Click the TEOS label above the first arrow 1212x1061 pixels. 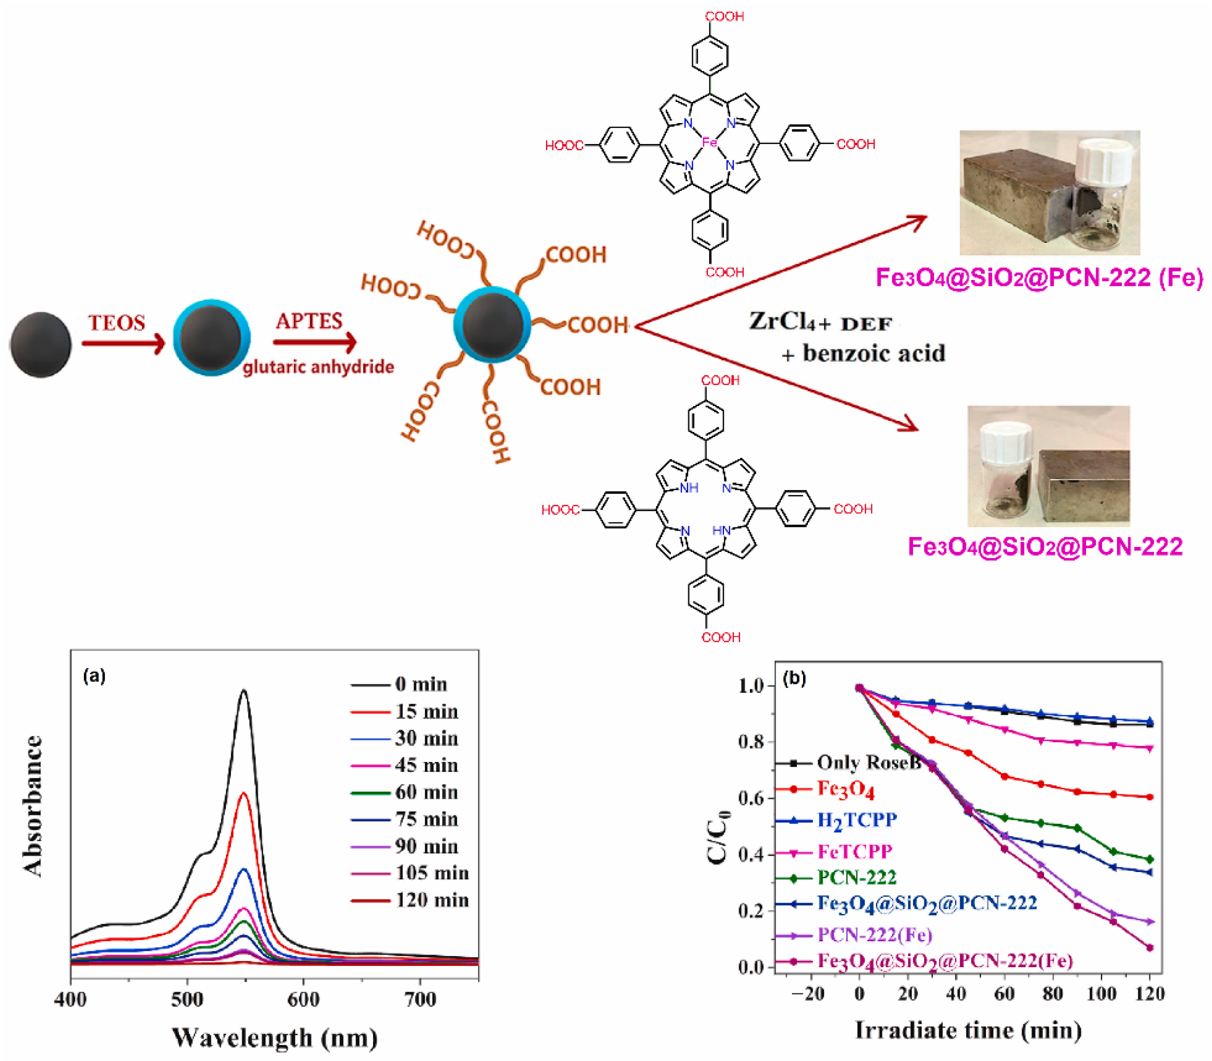coord(116,322)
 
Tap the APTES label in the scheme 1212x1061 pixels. coord(308,321)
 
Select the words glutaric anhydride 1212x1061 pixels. coord(318,367)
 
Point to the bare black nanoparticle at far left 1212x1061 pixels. coord(40,344)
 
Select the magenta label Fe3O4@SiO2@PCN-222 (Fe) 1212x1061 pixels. coord(1039,277)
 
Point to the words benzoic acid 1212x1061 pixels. coord(874,353)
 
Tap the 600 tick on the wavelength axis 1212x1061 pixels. coord(303,1000)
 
